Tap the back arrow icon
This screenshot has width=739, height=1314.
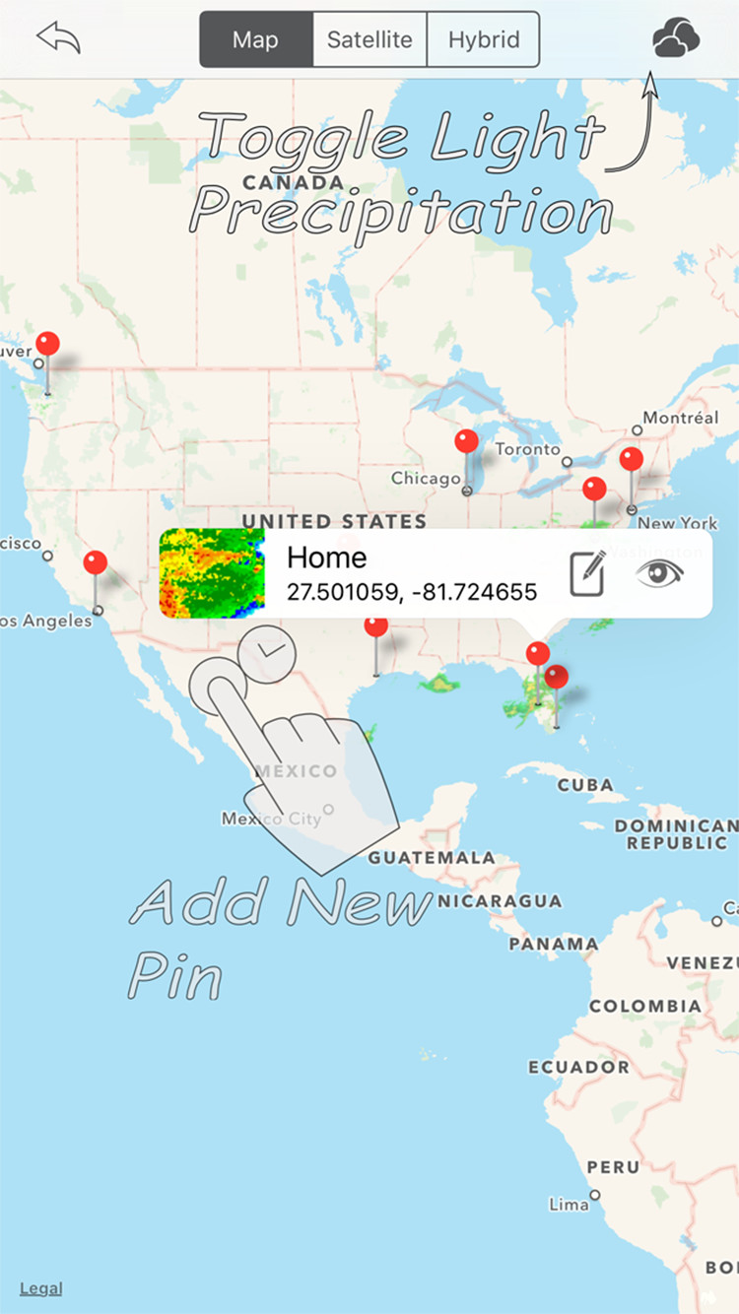click(58, 38)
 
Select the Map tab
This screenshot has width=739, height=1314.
click(256, 40)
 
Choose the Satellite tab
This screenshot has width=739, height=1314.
click(369, 40)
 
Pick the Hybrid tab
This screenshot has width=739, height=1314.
click(484, 40)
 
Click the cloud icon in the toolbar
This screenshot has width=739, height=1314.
click(676, 39)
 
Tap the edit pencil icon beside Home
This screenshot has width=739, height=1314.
click(587, 574)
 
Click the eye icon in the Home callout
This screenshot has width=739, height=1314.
click(659, 573)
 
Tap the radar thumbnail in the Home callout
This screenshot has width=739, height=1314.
click(212, 573)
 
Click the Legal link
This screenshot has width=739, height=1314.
click(40, 1287)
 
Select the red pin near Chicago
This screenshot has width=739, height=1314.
click(467, 442)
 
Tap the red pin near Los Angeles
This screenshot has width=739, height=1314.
click(96, 563)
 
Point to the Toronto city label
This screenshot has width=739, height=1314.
click(527, 449)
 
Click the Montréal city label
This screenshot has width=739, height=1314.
click(681, 418)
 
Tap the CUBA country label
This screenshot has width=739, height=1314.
click(585, 786)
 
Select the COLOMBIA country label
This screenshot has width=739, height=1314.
click(645, 1007)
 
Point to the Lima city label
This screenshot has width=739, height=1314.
click(569, 1204)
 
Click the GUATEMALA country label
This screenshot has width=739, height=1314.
click(432, 858)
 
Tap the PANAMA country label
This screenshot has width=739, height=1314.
click(553, 944)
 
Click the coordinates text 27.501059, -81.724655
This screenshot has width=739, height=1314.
click(412, 592)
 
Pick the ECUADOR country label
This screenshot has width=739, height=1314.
click(578, 1067)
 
